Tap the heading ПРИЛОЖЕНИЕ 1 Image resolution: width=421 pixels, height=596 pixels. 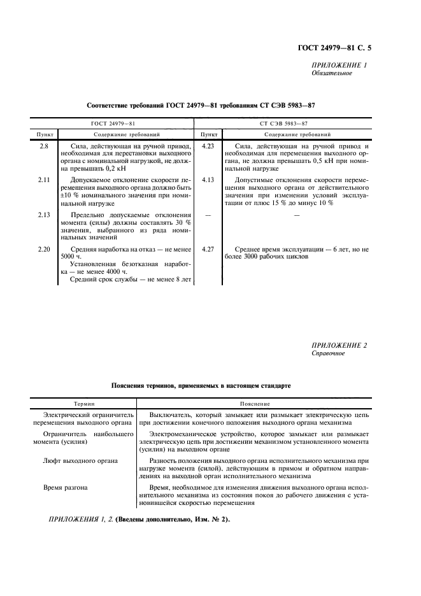339,65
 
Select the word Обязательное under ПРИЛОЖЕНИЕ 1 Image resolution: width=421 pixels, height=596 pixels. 331,73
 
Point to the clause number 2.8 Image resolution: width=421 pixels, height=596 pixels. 44,146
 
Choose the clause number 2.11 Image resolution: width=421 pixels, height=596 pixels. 44,180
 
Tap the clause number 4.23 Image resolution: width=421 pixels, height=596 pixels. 207,146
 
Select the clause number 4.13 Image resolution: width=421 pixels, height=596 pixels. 207,180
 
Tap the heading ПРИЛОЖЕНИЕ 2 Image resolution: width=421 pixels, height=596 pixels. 339,345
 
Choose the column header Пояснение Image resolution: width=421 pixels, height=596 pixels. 254,404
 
